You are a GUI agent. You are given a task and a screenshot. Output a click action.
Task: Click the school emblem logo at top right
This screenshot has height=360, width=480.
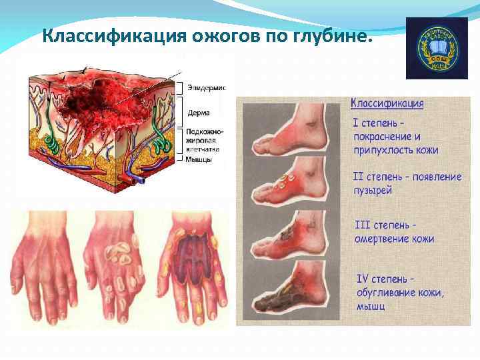437,48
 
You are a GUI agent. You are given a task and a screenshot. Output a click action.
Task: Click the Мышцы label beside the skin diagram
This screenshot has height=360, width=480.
200,160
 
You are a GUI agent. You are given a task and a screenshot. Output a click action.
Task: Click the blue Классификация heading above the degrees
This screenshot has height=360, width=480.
387,103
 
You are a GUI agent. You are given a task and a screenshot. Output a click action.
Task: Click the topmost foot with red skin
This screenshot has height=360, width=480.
291,134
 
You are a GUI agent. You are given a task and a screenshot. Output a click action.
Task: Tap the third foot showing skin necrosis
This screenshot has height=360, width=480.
291,237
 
